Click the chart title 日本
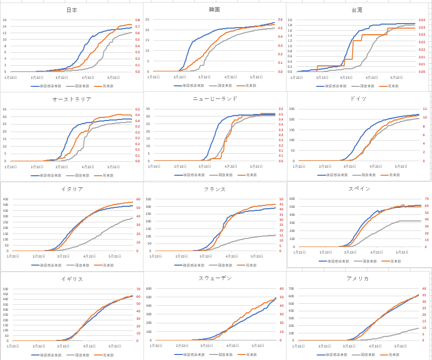(72, 10)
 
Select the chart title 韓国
(214, 10)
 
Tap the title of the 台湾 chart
(357, 10)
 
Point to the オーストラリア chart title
(72, 99)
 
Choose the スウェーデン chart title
(215, 278)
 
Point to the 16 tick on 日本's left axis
(5, 20)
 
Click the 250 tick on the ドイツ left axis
(292, 109)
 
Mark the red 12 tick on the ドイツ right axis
(424, 109)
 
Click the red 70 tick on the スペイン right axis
(424, 198)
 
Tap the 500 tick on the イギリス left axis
(6, 289)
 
